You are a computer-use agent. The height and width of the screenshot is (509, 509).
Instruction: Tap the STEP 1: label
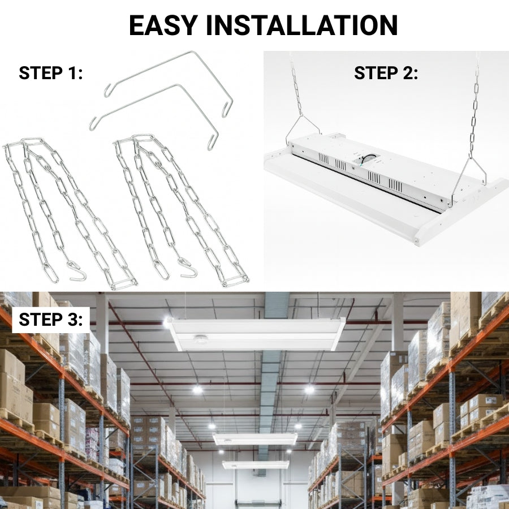[51, 73]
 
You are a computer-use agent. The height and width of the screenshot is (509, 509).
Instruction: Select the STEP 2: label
[386, 73]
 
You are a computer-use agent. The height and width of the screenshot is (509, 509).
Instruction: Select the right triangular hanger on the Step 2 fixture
[469, 175]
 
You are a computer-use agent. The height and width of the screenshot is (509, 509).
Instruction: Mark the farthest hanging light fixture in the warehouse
[256, 464]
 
